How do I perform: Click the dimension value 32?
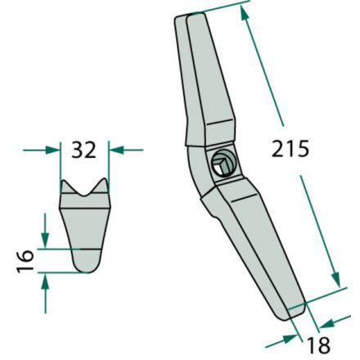(84, 150)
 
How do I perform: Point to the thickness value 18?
(318, 346)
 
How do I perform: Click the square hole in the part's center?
(221, 164)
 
